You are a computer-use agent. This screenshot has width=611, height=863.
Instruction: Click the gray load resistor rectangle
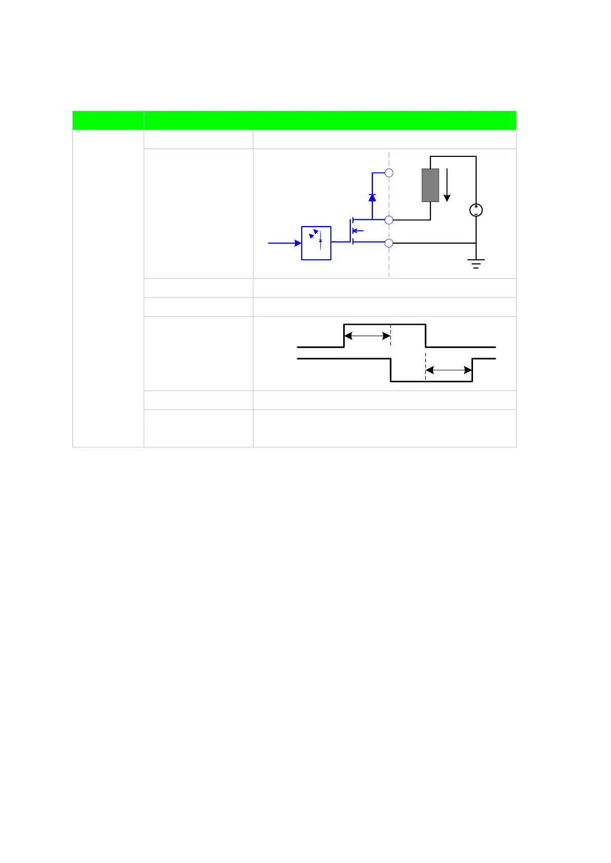[430, 185]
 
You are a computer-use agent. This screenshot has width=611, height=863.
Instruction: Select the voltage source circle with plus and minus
[476, 210]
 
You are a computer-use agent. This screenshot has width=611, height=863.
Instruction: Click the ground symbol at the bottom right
[476, 264]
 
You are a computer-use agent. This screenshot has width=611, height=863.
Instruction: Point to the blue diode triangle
[372, 197]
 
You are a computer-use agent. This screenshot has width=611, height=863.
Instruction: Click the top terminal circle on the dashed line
[389, 173]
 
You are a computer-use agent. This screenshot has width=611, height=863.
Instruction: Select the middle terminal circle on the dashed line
[389, 220]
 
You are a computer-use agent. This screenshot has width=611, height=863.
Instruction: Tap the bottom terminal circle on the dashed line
[389, 243]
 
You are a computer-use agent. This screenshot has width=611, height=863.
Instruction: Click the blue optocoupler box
[316, 243]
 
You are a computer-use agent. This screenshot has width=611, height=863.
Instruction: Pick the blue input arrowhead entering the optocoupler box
[298, 243]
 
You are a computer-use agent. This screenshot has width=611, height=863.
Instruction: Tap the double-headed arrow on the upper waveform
[367, 336]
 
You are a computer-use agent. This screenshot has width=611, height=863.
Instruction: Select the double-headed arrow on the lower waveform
[448, 370]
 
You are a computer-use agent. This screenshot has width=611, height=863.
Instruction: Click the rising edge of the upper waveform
[344, 336]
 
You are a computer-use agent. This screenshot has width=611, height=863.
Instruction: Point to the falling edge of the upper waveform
[425, 336]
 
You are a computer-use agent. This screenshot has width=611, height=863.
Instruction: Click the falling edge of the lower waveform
[390, 370]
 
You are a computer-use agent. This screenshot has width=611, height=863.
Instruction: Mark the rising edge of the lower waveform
[472, 370]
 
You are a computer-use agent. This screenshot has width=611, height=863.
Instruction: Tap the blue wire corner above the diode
[372, 173]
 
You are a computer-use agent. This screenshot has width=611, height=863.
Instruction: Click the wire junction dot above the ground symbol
[476, 243]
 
